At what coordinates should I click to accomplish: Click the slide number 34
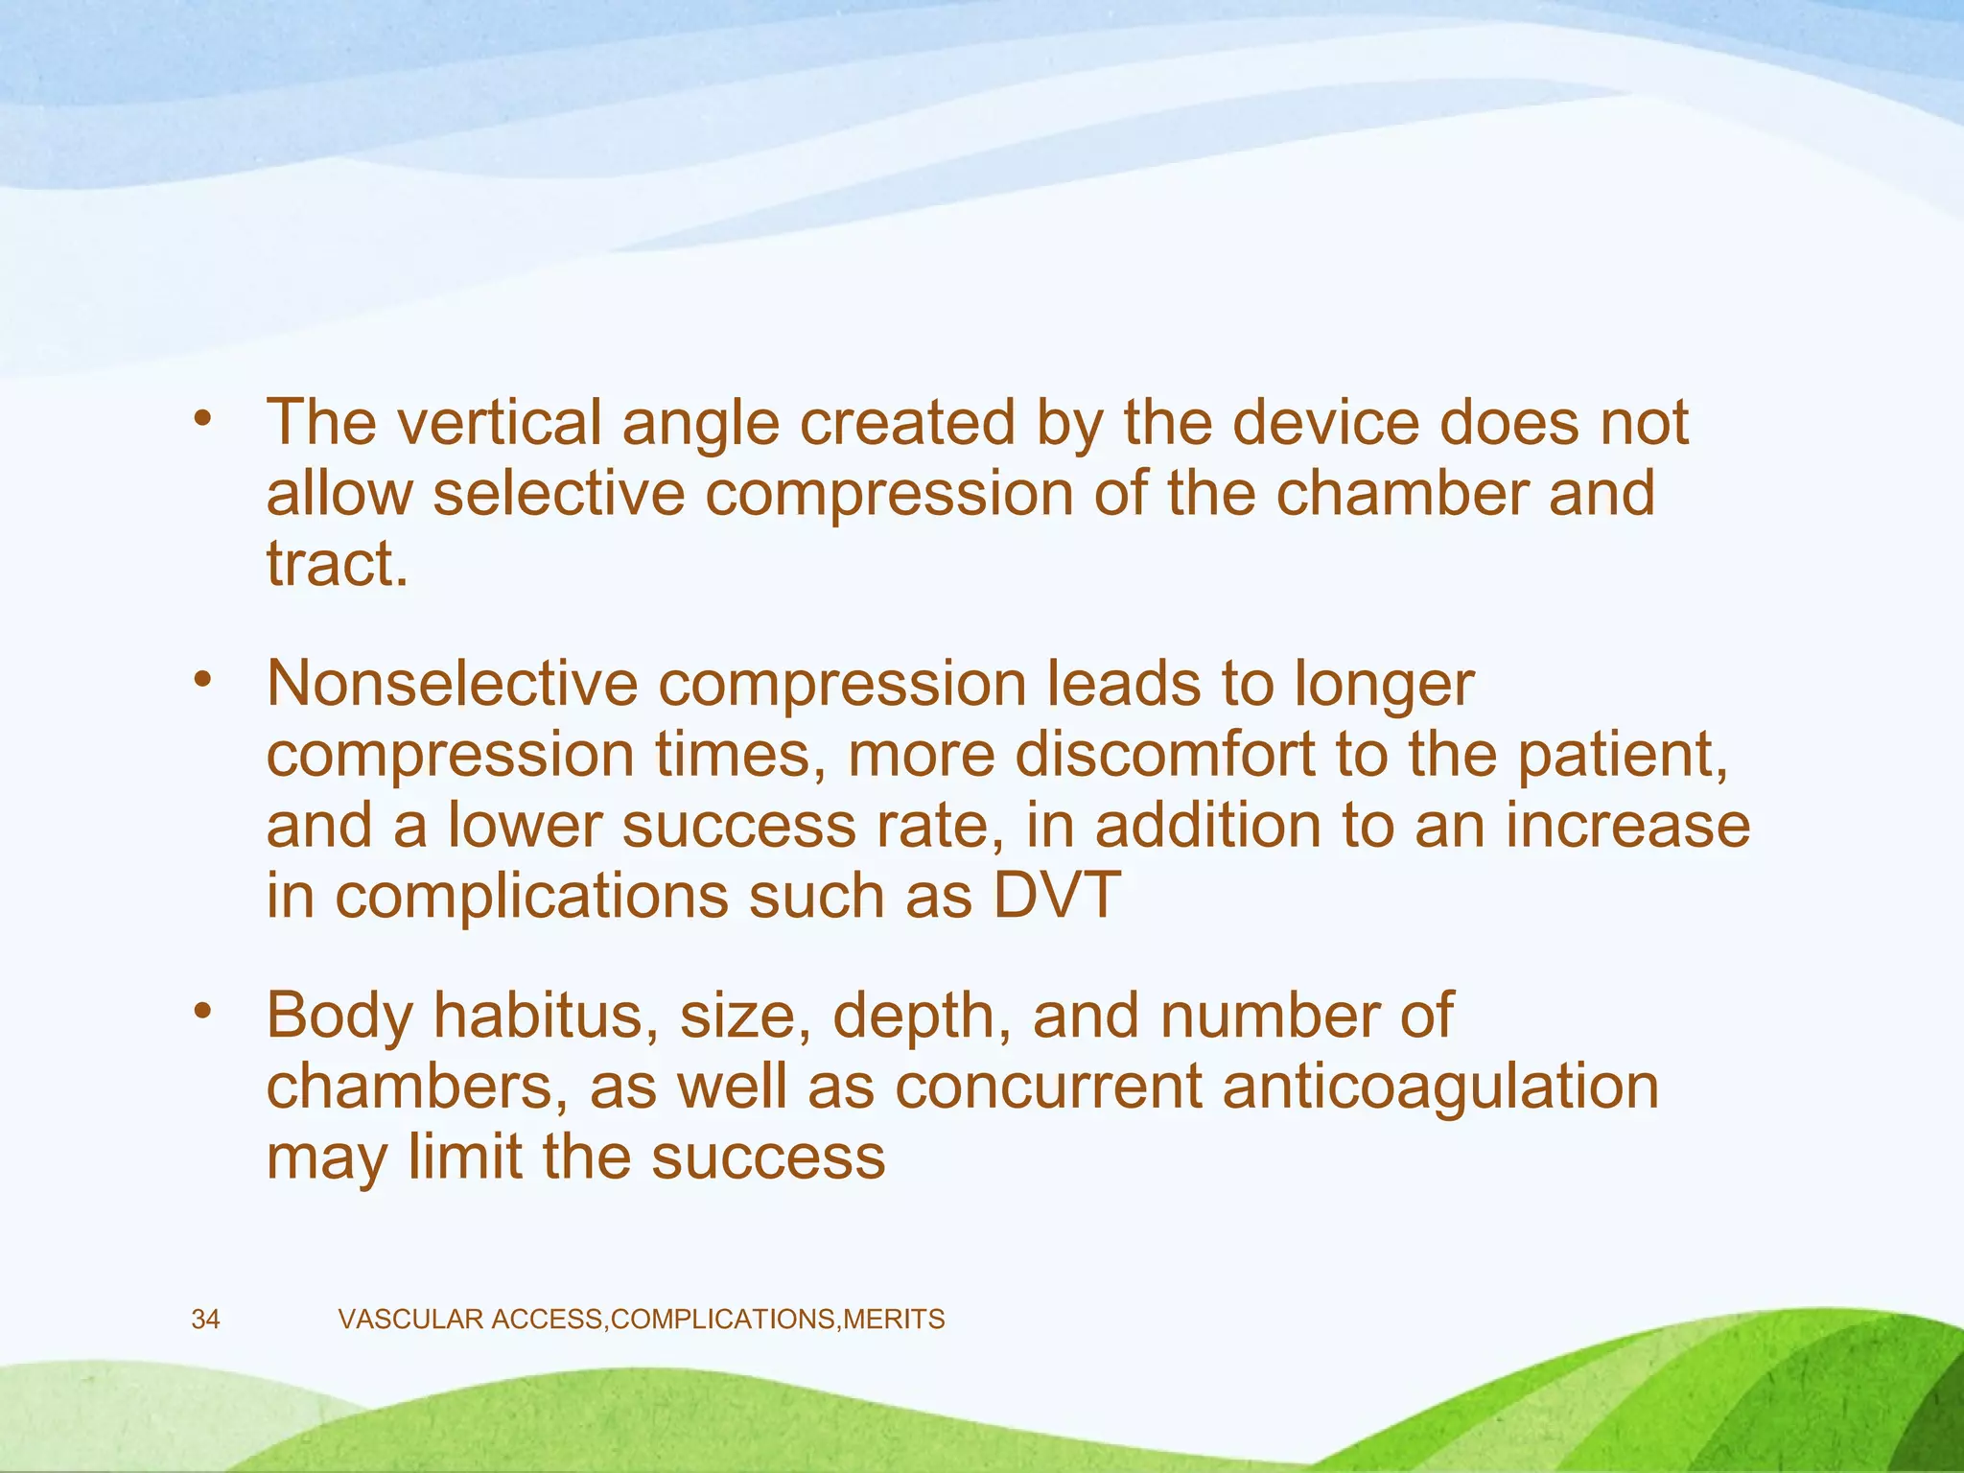(x=205, y=1320)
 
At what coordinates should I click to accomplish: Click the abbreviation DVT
(x=1056, y=895)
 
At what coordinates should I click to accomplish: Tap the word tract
(x=337, y=564)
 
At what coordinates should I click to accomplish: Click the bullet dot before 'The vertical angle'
(x=201, y=418)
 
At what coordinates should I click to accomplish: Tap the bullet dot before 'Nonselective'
(x=201, y=680)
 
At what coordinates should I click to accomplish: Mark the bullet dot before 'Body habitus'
(x=201, y=1013)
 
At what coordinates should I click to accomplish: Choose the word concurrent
(x=1049, y=1087)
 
